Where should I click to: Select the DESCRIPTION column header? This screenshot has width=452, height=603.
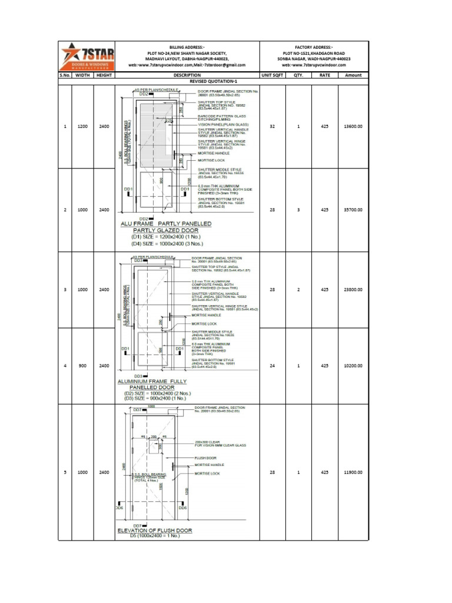(187, 75)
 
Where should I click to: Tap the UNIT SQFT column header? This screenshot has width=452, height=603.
(272, 75)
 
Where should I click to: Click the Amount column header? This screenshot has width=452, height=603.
(353, 75)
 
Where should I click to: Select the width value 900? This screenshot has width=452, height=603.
(82, 366)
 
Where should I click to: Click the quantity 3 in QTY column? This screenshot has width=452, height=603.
(298, 210)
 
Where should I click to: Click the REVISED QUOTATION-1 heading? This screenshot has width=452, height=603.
(213, 82)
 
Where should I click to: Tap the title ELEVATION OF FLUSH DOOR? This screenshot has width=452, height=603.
(154, 531)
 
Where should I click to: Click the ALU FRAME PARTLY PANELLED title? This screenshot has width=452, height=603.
(166, 224)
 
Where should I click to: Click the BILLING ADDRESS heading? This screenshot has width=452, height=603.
(187, 46)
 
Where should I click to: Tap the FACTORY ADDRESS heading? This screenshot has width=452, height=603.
(314, 46)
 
